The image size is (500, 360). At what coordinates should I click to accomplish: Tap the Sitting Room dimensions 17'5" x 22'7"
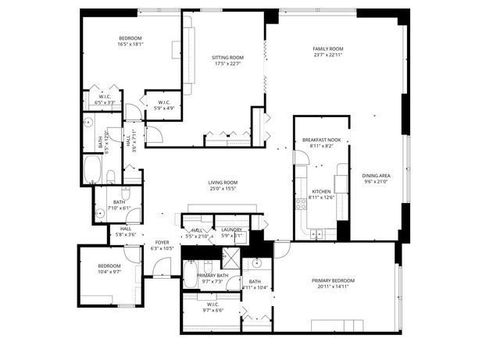[x=228, y=64]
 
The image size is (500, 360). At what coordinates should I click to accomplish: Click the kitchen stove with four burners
[x=300, y=206]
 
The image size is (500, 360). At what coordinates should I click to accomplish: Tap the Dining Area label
[x=376, y=176]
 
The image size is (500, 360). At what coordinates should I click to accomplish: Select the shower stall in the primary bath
[x=230, y=258]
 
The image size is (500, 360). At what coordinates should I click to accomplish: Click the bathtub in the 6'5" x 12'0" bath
[x=93, y=168]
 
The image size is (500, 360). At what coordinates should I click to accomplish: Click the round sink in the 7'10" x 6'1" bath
[x=101, y=212]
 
